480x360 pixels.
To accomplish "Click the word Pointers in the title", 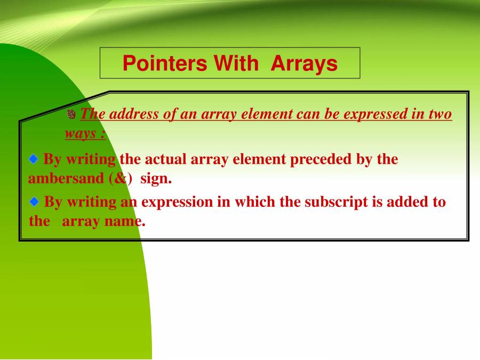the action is [x=165, y=63].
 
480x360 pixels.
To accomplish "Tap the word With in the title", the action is [x=236, y=63].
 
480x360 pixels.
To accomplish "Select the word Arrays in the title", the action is [x=304, y=64].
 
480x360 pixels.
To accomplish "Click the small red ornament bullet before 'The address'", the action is [x=71, y=114].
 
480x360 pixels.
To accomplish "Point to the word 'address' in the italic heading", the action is [x=134, y=114].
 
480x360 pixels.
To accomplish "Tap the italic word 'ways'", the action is [x=80, y=133].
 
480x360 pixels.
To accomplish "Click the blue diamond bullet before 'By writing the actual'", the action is [x=34, y=159].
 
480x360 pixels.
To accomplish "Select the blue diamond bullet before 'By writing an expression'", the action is [x=34, y=202].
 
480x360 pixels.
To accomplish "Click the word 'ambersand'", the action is [x=66, y=179].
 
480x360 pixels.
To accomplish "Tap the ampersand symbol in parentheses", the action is [x=121, y=179].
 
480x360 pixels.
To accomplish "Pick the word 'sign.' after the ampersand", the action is [x=156, y=179].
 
